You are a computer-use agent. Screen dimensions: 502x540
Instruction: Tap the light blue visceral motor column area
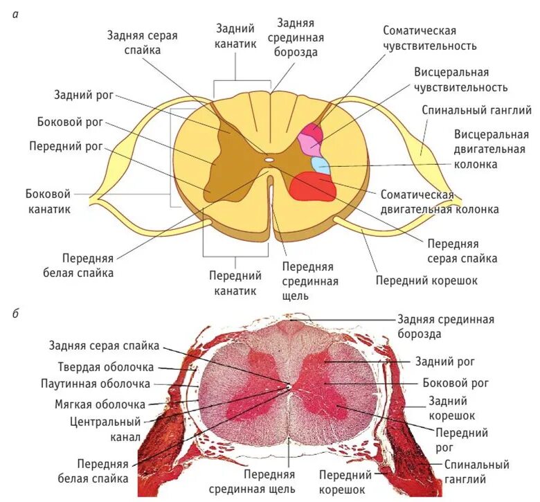pyautogui.click(x=320, y=165)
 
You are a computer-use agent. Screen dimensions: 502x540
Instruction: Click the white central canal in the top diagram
pyautogui.click(x=269, y=159)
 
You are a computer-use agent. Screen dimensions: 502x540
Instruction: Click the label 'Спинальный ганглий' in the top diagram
pyautogui.click(x=476, y=110)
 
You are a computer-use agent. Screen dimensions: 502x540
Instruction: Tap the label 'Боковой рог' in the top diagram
pyautogui.click(x=70, y=123)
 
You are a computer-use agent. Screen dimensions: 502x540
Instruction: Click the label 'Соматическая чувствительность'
pyautogui.click(x=430, y=38)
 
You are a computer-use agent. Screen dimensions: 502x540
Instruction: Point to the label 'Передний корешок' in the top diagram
pyautogui.click(x=426, y=280)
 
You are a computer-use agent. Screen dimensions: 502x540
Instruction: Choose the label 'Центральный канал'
pyautogui.click(x=105, y=429)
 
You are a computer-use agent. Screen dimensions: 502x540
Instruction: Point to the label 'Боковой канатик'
pyautogui.click(x=47, y=201)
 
